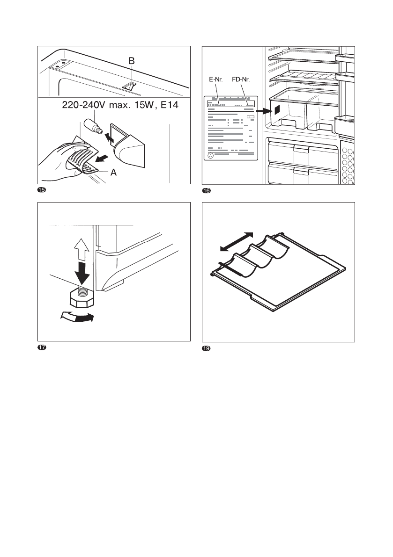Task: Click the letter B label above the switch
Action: pyautogui.click(x=132, y=61)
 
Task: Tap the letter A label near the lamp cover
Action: pyautogui.click(x=113, y=172)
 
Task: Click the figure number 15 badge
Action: pyautogui.click(x=41, y=190)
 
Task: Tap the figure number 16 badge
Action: pyautogui.click(x=205, y=190)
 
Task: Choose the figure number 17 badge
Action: pyautogui.click(x=41, y=347)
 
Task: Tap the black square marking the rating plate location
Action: pyautogui.click(x=276, y=110)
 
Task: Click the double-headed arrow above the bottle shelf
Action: pyautogui.click(x=237, y=242)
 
